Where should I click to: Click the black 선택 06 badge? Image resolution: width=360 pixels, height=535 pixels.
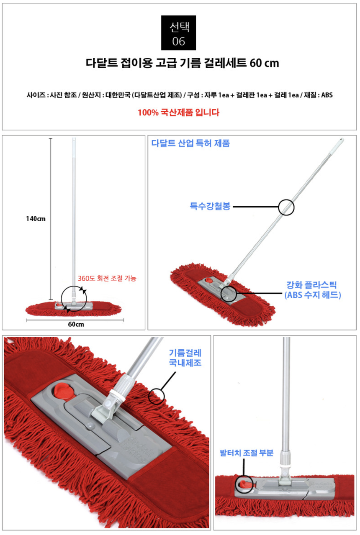point(179,33)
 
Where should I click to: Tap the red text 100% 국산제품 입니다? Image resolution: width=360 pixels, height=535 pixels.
point(178,113)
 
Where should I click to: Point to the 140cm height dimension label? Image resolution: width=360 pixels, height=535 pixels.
point(36,218)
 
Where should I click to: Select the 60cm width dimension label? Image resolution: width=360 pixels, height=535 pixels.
point(75,325)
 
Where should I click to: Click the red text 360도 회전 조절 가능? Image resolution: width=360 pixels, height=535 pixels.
point(107,278)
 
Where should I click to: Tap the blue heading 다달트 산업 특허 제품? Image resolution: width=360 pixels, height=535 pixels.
point(190,143)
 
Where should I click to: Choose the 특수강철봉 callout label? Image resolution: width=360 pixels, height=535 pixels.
point(210,206)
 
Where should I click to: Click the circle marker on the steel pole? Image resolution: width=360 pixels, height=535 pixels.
point(286,207)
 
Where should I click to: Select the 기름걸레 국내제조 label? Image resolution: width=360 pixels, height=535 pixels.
point(185,358)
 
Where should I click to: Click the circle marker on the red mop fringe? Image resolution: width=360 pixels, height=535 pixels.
point(157,395)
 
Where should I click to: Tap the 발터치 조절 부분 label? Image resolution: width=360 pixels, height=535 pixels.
point(247,453)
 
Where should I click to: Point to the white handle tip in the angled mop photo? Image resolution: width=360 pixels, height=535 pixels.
point(341,142)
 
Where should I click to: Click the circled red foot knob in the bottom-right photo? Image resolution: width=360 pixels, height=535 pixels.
point(244,485)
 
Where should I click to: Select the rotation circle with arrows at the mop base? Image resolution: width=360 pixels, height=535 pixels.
point(74,300)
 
